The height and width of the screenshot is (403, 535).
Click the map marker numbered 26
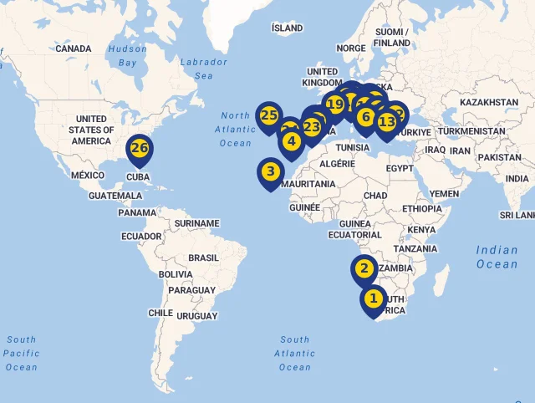point(140,149)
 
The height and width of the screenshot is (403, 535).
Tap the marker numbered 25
point(268,116)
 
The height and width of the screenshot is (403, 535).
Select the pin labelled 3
point(270,172)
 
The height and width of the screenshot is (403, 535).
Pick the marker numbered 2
point(364,269)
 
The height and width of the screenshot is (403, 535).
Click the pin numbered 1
point(374,298)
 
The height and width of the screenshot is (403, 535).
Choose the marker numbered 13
point(386,122)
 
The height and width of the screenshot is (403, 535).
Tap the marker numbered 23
point(312,127)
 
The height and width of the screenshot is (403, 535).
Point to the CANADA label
point(74,48)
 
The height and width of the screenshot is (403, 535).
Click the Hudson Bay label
point(127,55)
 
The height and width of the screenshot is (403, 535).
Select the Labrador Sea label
point(203,69)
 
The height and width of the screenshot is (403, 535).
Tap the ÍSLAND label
point(288,28)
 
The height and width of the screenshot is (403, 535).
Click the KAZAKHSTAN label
point(489,102)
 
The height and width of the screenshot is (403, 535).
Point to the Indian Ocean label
point(497,257)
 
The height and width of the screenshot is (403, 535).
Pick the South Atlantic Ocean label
point(294,353)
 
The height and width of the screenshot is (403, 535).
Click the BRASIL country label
point(203,258)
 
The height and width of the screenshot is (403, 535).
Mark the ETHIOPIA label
point(421,208)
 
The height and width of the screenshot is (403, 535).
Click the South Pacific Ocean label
point(21,353)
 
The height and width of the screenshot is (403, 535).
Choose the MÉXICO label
point(88,176)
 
